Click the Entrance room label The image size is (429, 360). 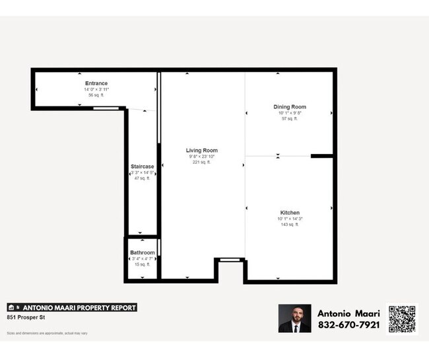click(96, 83)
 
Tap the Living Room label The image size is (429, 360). click(201, 151)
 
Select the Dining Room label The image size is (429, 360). click(290, 107)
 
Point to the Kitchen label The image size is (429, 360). click(289, 213)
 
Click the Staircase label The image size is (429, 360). click(143, 166)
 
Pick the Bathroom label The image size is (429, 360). click(143, 253)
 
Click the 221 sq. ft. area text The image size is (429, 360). click(201, 162)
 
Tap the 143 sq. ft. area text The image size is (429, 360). click(289, 225)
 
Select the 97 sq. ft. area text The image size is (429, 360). click(290, 119)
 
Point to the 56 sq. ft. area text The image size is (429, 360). click(96, 95)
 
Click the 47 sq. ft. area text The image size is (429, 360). click(143, 178)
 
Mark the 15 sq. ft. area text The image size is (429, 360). click(143, 264)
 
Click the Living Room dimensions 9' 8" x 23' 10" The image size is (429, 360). click(201, 157)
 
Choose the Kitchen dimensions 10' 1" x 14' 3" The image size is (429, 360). click(289, 219)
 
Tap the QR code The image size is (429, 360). click(402, 319)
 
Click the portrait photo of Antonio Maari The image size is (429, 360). click(294, 318)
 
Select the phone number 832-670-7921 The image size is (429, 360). click(348, 325)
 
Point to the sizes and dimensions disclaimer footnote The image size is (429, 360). click(47, 333)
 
